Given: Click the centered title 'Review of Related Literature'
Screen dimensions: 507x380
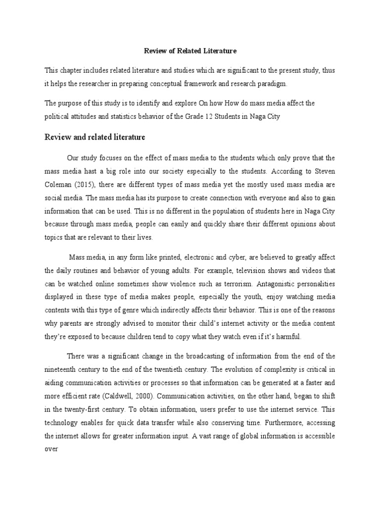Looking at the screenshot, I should tap(190, 51).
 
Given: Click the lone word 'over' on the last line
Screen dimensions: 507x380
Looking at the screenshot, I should tap(52, 450).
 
